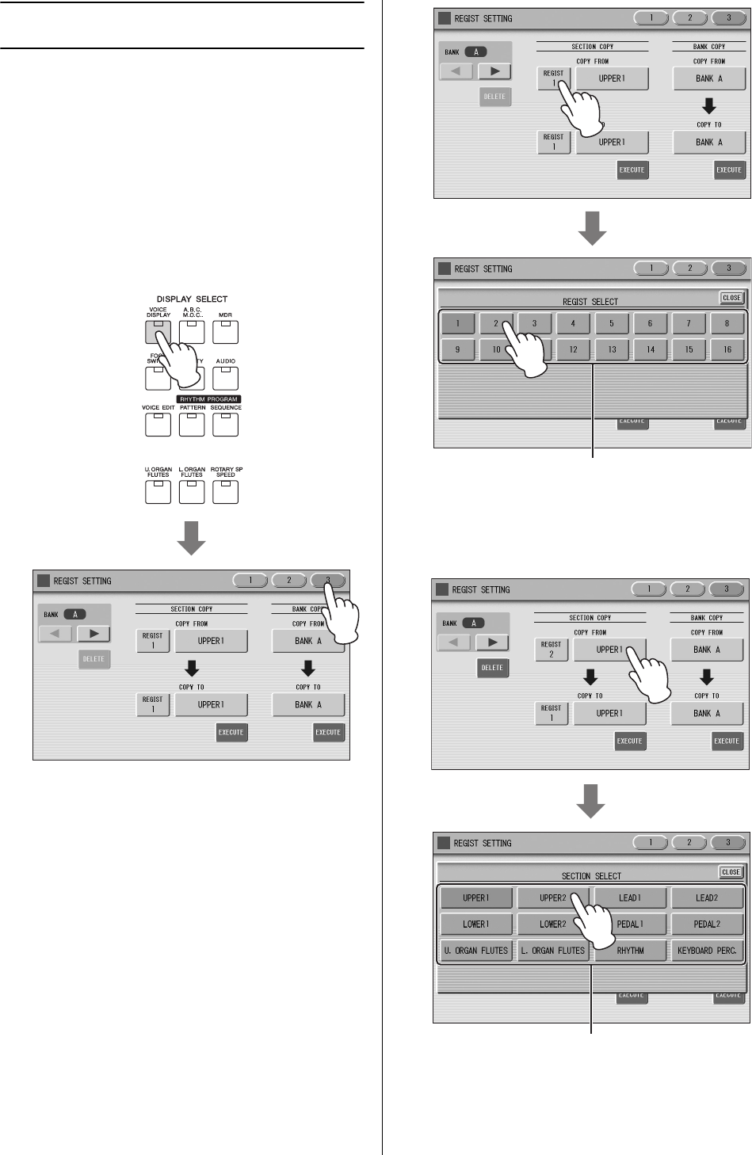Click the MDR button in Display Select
coord(226,331)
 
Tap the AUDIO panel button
coord(226,378)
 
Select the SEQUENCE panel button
coord(226,425)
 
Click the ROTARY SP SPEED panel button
coord(226,492)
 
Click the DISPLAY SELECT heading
coord(192,299)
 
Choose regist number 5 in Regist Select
coord(612,323)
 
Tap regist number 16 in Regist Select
coord(727,349)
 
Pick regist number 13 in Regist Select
coord(612,349)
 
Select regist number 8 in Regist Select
coord(727,323)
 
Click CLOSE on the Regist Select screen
coord(731,298)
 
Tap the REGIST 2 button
coord(551,650)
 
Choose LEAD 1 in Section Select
coord(630,898)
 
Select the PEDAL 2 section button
coord(707,924)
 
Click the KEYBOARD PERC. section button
coord(707,951)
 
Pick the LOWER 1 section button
coord(475,924)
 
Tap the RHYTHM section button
coord(630,951)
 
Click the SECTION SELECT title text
coord(591,876)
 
